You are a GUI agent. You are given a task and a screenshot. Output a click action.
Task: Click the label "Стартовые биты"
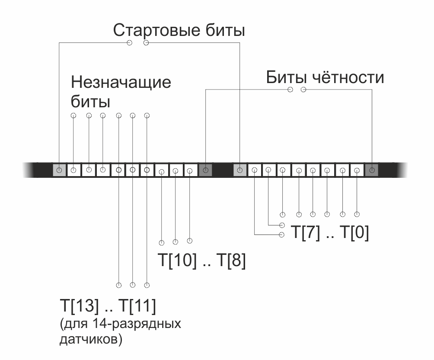click(179, 31)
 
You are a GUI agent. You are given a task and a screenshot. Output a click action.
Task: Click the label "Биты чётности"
click(325, 77)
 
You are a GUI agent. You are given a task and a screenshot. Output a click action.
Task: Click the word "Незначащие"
click(121, 82)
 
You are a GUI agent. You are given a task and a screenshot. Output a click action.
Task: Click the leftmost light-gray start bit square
click(59, 170)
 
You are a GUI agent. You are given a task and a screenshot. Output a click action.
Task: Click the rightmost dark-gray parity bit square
click(371, 170)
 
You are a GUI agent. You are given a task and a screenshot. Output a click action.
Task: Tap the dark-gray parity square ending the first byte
click(205, 170)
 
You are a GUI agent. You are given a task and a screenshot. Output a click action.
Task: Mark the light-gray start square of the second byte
click(240, 170)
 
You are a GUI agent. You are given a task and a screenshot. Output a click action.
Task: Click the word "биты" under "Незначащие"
click(90, 102)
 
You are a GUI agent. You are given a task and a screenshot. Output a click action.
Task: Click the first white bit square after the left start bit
click(74, 170)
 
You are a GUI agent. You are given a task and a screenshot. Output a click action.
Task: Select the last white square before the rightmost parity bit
click(357, 170)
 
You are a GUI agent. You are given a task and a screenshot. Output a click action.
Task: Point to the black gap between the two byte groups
click(223, 170)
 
